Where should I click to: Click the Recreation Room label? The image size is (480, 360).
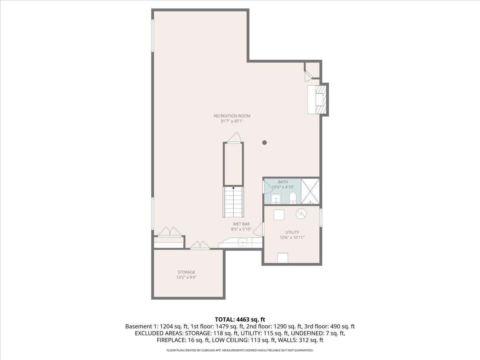232,116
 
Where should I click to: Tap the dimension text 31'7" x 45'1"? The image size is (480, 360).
232,121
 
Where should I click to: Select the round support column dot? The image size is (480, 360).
265,143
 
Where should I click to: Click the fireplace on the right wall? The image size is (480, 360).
318,100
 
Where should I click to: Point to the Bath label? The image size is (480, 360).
283,182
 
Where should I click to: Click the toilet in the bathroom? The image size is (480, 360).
292,198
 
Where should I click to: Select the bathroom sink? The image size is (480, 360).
276,199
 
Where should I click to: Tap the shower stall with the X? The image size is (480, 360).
310,192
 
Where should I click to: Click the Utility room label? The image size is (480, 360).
292,232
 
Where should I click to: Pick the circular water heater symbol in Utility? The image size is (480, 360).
301,214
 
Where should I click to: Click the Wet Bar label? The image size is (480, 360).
241,224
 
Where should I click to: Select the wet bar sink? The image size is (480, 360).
242,243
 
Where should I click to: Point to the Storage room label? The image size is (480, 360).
186,272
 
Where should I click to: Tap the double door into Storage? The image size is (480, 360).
200,245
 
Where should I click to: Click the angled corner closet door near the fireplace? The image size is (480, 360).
309,75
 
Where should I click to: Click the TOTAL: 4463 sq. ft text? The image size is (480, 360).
240,320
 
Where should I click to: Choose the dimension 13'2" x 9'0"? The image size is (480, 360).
186,277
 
